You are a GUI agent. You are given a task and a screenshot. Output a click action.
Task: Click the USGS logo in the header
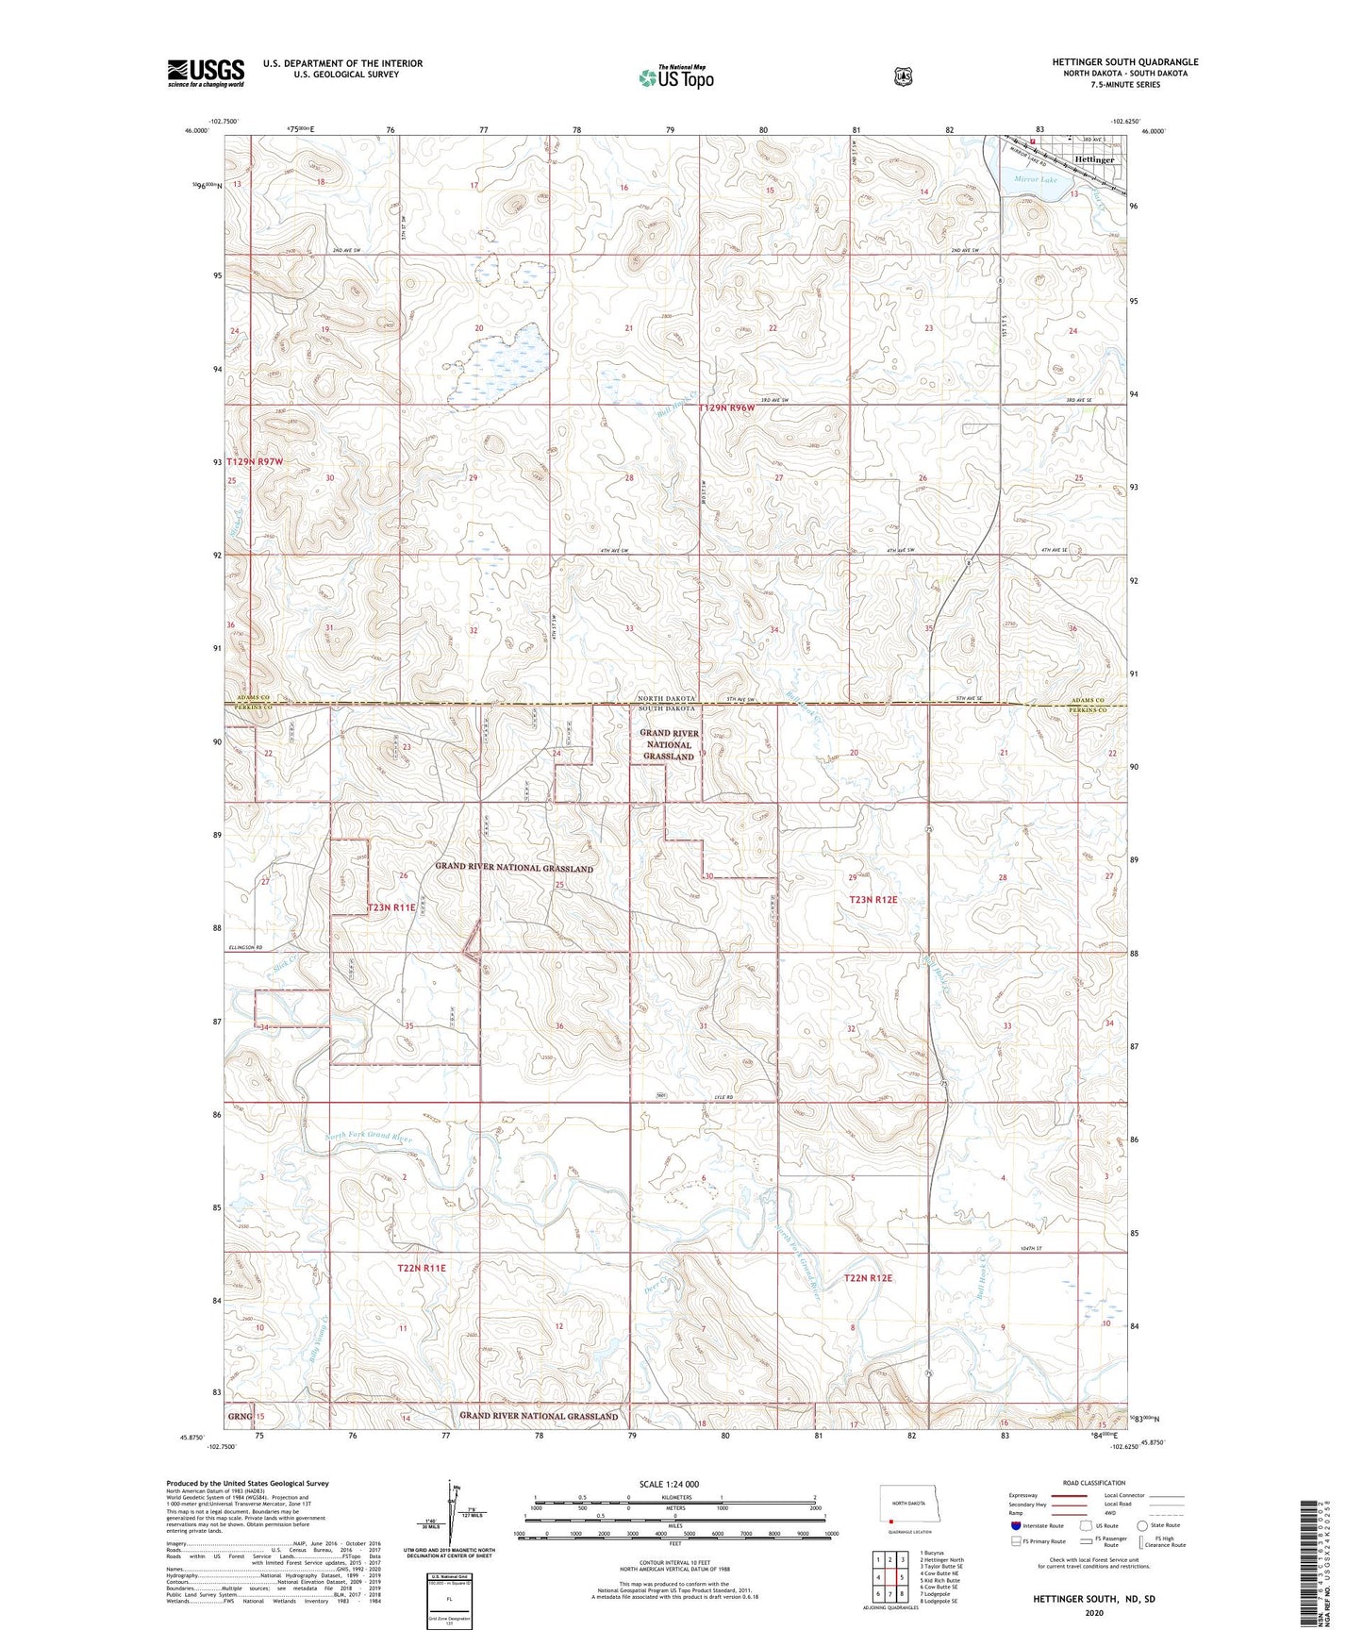(x=206, y=73)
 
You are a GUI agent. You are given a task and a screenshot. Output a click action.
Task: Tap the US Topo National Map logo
(x=674, y=77)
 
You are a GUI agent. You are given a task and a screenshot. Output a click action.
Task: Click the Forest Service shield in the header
(x=903, y=76)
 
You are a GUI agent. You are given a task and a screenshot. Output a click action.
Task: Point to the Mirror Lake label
(x=1036, y=178)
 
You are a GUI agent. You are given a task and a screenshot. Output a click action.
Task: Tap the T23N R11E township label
(x=391, y=907)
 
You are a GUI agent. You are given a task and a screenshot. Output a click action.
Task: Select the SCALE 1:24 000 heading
(x=669, y=1484)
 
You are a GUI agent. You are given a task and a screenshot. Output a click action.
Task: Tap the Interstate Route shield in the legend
(x=1015, y=1525)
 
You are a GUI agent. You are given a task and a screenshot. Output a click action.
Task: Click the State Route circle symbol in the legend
(x=1142, y=1525)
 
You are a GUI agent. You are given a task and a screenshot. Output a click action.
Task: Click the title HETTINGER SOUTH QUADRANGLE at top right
(x=1125, y=62)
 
